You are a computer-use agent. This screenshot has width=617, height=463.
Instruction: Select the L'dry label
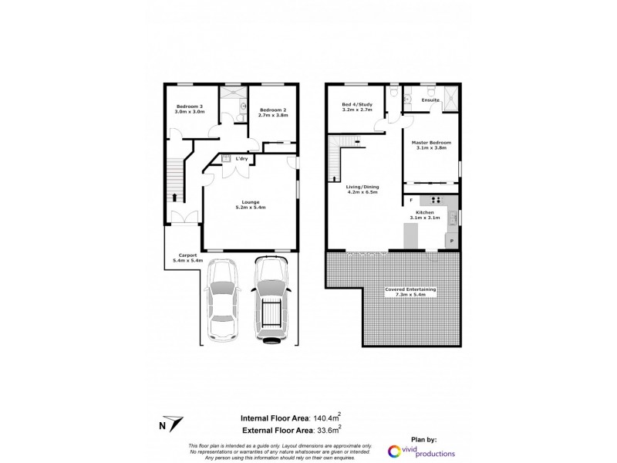241,159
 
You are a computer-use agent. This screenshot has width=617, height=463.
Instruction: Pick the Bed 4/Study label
357,107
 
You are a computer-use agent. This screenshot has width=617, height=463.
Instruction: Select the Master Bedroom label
430,145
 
